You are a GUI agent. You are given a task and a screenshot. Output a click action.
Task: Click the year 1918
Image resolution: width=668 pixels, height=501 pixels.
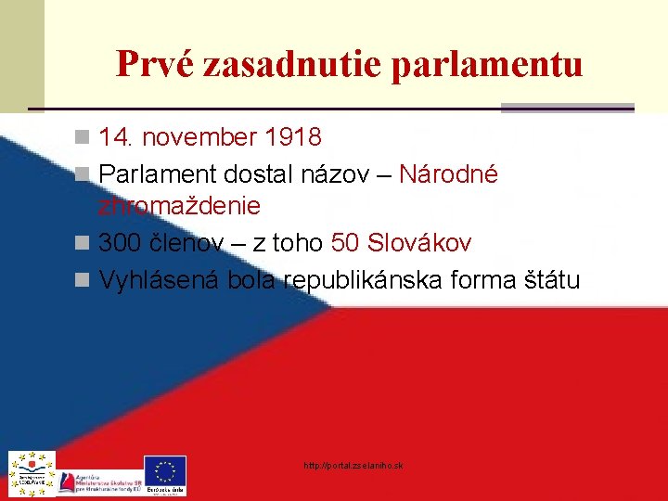(293, 138)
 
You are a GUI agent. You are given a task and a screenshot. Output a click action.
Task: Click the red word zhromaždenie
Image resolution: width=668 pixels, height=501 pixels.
(179, 204)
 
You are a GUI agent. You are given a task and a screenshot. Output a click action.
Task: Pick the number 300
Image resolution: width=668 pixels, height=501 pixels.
(121, 244)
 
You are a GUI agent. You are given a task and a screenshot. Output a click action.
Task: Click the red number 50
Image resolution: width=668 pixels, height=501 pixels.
(345, 244)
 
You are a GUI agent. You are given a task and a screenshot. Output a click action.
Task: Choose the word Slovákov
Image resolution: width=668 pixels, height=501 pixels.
(419, 244)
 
